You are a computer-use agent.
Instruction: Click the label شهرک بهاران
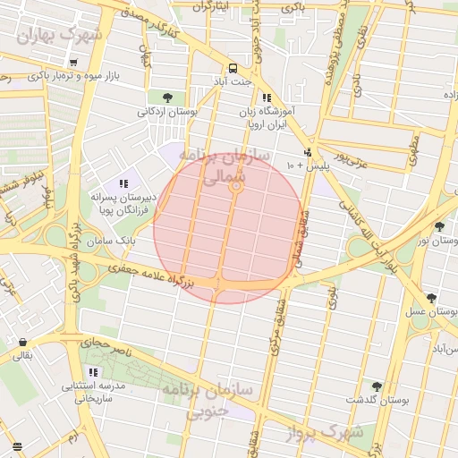click(60, 35)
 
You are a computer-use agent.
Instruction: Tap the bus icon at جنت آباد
click(233, 68)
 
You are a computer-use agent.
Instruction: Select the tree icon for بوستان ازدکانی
click(167, 98)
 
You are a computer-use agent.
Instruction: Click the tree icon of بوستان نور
click(438, 226)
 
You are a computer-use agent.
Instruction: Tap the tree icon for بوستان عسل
click(431, 298)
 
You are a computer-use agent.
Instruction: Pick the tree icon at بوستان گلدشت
click(376, 386)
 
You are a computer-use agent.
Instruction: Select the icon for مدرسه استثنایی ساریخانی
click(94, 372)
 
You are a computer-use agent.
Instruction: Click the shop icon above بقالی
click(22, 342)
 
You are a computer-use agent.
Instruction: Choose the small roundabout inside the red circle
click(236, 187)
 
